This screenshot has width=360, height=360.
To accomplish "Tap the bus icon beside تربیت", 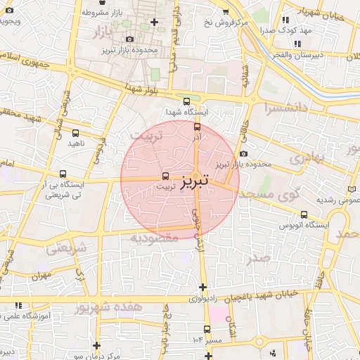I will (x=166, y=176).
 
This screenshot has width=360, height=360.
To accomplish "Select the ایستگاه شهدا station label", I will (x=184, y=112).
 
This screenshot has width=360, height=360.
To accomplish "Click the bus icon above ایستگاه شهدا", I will (x=186, y=101).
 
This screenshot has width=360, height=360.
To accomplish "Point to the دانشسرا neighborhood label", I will (x=286, y=108).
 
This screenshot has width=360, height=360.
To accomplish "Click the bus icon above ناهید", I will (x=75, y=133).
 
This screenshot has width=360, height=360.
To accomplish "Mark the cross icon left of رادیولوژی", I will (x=203, y=287).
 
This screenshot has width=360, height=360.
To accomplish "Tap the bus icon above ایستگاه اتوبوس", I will (x=304, y=214).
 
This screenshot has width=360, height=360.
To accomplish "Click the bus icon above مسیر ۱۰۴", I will (x=207, y=329).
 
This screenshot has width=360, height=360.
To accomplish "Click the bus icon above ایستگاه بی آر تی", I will (x=63, y=174).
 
